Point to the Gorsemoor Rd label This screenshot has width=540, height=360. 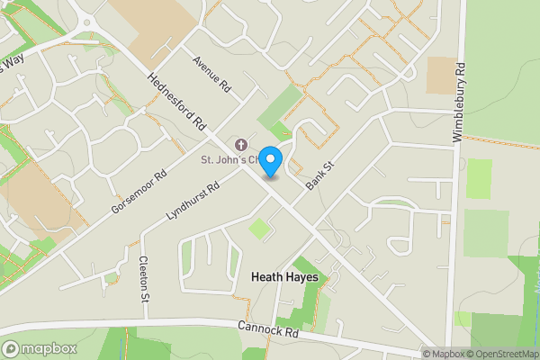point(139,186)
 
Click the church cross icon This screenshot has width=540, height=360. point(239,145)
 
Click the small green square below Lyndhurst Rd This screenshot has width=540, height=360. point(259,229)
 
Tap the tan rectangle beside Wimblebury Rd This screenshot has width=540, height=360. point(441,75)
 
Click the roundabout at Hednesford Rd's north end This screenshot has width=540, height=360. point(86,21)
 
